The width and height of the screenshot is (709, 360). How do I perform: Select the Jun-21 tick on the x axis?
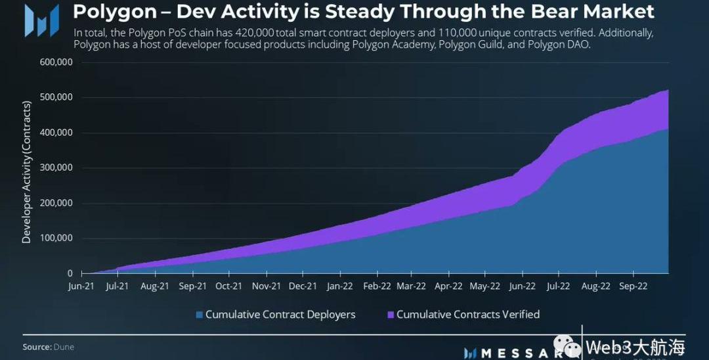81,286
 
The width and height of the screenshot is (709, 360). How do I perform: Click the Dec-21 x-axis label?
303,286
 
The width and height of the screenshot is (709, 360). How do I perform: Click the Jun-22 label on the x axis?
523,286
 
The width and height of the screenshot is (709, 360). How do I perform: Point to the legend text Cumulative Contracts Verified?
468,315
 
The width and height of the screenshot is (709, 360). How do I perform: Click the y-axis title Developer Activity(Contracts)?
27,172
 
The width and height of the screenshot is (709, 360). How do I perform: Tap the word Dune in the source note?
64,347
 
